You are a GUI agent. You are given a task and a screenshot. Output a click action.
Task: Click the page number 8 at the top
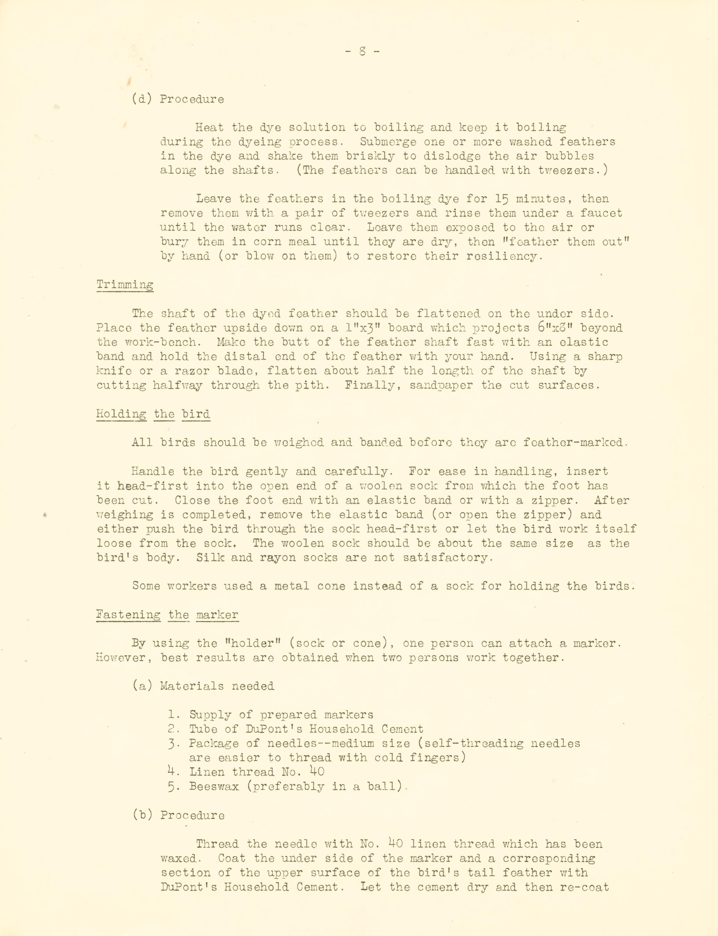point(362,52)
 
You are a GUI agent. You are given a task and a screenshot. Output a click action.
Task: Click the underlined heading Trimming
point(125,285)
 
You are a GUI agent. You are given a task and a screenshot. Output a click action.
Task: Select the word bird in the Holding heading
point(196,414)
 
